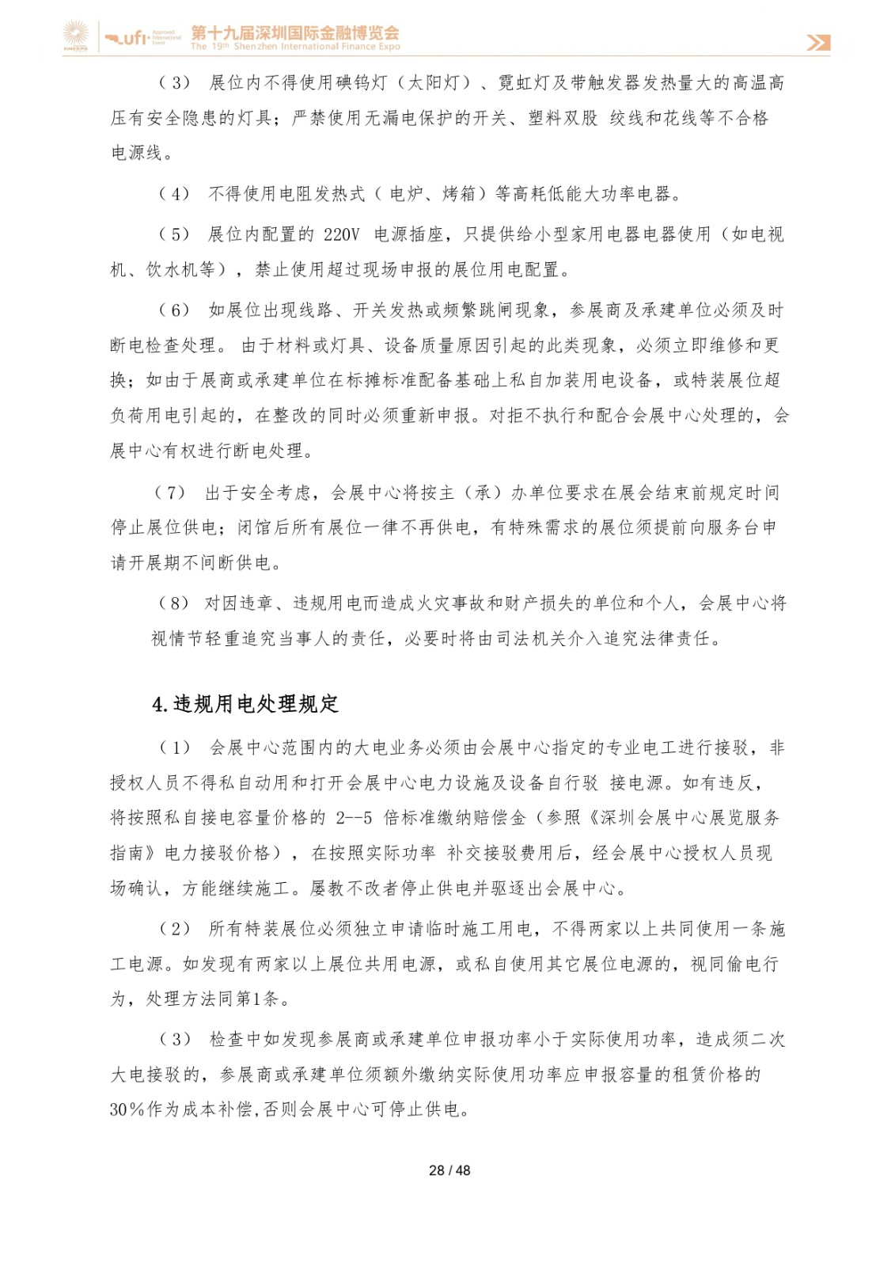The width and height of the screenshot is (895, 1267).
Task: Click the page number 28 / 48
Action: click(449, 1170)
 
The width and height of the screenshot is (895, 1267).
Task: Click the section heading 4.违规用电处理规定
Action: click(245, 704)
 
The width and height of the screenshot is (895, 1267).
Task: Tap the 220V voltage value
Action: click(341, 234)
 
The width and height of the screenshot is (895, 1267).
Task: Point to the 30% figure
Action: click(127, 1109)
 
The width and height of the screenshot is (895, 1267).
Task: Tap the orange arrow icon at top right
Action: click(818, 42)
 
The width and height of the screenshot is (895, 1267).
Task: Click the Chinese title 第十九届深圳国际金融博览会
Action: click(295, 32)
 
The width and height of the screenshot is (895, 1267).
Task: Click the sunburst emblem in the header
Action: click(77, 36)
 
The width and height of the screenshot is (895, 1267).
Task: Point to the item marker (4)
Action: click(175, 194)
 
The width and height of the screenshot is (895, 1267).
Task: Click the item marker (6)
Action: click(175, 310)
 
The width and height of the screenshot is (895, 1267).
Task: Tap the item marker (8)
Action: click(174, 603)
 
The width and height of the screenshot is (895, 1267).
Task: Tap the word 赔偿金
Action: click(499, 818)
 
